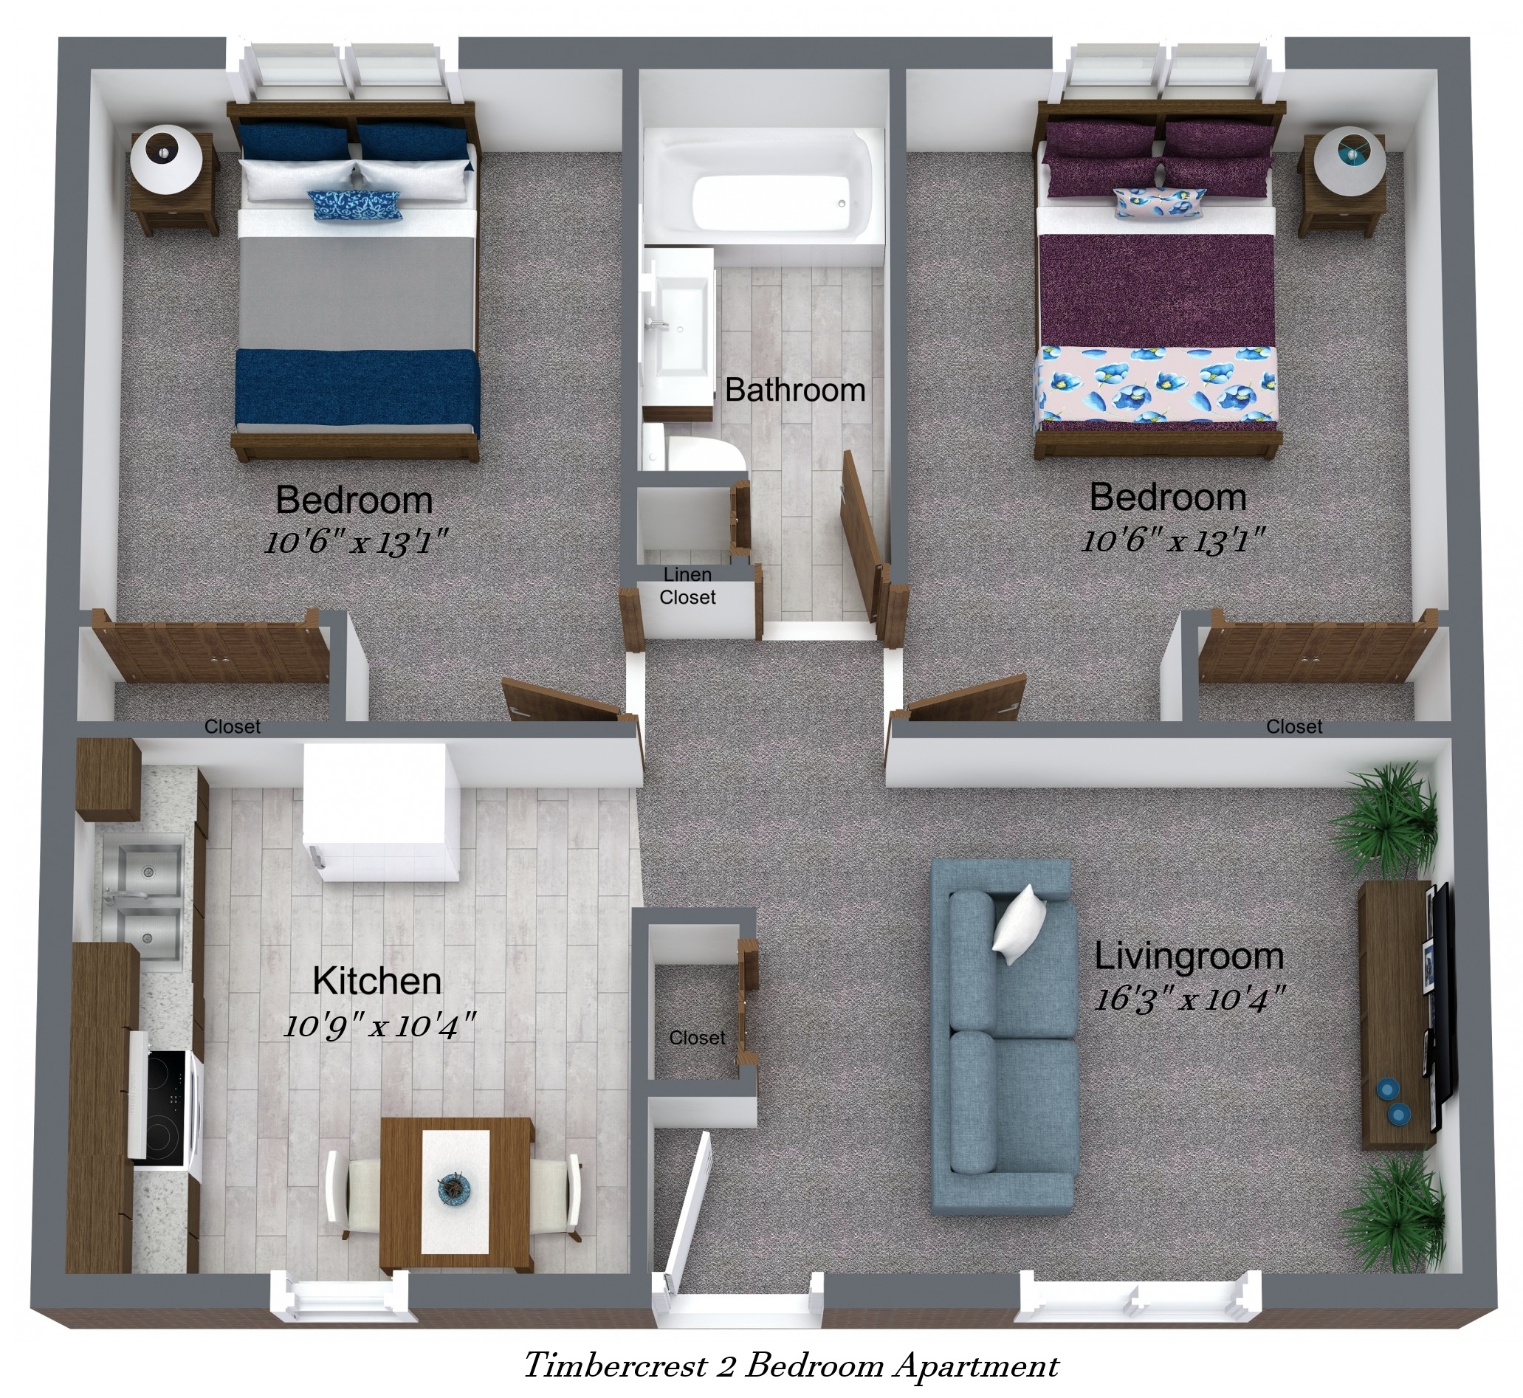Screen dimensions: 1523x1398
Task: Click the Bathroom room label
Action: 794,390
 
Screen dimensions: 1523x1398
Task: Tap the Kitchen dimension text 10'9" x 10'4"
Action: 379,1027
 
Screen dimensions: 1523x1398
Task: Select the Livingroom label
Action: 1189,957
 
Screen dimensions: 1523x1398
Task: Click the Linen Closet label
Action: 687,586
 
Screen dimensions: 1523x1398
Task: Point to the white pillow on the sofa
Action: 1019,924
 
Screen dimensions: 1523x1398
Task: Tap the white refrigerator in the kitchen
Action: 380,812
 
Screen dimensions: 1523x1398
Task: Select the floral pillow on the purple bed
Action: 1160,202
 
